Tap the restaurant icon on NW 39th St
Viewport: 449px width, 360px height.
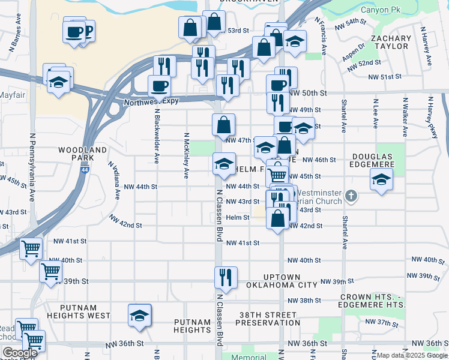click(224, 277)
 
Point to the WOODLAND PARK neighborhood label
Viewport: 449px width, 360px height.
click(83, 154)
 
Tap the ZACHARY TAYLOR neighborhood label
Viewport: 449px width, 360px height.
click(391, 43)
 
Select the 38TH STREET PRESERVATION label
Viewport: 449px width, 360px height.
click(267, 319)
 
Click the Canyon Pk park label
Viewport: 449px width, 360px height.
click(381, 10)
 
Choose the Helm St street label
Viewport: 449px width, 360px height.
click(238, 217)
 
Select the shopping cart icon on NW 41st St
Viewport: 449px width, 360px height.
click(31, 248)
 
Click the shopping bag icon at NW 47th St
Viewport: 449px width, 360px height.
click(223, 125)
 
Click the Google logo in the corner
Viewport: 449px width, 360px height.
click(20, 353)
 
